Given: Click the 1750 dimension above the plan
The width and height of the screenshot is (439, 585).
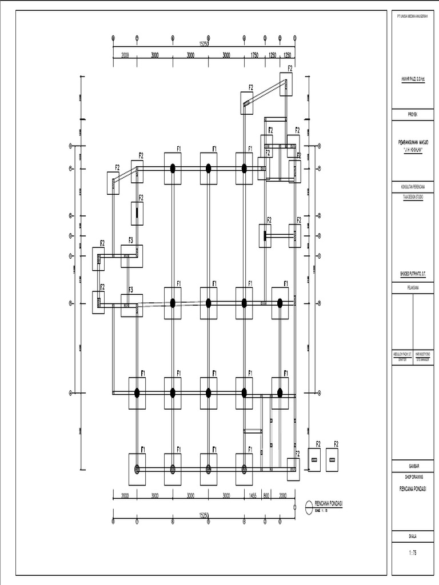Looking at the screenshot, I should [254, 55].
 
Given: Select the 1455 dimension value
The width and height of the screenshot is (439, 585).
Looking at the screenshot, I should [253, 496].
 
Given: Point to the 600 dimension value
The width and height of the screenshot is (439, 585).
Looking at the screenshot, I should [266, 496].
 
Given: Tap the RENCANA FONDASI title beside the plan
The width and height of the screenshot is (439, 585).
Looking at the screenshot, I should [332, 503].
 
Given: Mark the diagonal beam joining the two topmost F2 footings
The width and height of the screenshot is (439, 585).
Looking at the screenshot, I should [266, 93].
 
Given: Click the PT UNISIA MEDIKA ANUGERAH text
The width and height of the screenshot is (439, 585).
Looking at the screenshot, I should [412, 16].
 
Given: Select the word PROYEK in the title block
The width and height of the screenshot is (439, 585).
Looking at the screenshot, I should [412, 114].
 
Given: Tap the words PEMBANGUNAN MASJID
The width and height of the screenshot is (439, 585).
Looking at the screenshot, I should [412, 141].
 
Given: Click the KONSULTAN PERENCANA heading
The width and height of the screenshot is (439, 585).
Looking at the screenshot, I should [412, 187].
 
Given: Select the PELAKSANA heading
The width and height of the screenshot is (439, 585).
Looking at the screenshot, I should [412, 288].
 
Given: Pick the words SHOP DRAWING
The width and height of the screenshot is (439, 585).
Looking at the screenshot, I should [412, 476].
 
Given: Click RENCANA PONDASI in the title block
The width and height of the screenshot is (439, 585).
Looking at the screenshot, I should [412, 489].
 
